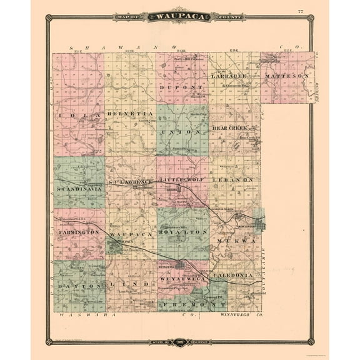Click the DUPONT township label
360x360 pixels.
pos(182,87)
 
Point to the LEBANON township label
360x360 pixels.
pos(235,179)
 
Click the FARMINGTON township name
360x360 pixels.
pos(79,232)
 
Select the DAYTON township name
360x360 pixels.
pos(70,284)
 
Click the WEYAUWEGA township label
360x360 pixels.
pos(181,276)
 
